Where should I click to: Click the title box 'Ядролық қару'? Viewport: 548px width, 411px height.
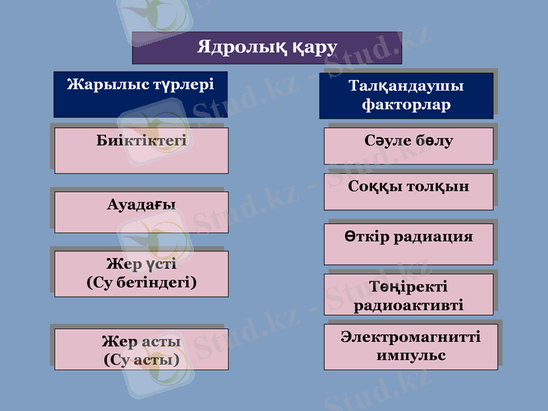pyautogui.click(x=267, y=48)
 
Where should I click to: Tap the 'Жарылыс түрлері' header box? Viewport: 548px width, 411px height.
pyautogui.click(x=140, y=94)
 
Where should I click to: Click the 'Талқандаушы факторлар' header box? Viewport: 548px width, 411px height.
pyautogui.click(x=406, y=96)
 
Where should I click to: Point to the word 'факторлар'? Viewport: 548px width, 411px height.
pyautogui.click(x=406, y=105)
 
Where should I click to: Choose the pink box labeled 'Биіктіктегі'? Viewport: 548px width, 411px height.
pyautogui.click(x=141, y=150)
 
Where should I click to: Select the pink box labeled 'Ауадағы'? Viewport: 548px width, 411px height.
pyautogui.click(x=141, y=212)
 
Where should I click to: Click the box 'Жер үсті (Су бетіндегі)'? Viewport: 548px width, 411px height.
pyautogui.click(x=141, y=273)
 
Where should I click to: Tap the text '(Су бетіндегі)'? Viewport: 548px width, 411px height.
pyautogui.click(x=142, y=282)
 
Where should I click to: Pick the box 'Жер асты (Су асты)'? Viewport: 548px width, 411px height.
pyautogui.click(x=141, y=349)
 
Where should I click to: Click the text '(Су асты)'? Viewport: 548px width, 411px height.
pyautogui.click(x=142, y=359)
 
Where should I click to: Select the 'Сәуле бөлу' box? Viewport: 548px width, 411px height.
pyautogui.click(x=409, y=145)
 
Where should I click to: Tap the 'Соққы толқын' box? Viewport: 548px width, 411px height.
pyautogui.click(x=409, y=191)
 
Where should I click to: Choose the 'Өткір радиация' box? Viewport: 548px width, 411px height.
pyautogui.click(x=409, y=244)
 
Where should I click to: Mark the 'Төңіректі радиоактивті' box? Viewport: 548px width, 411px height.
pyautogui.click(x=409, y=295)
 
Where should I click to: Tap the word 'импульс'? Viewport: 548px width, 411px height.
pyautogui.click(x=411, y=356)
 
